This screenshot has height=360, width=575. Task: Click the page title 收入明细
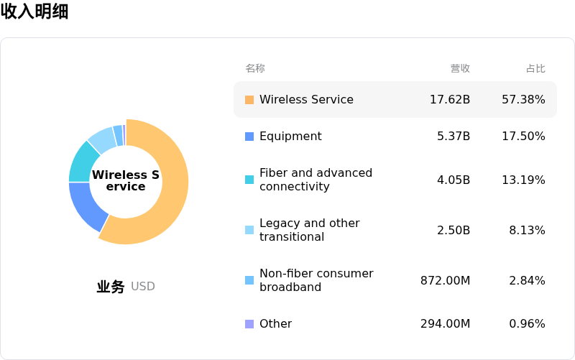[34, 11]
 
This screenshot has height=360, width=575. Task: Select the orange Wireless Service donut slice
[169, 201]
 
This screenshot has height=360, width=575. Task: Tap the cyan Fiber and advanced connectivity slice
[83, 162]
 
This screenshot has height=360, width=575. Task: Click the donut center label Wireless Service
[126, 181]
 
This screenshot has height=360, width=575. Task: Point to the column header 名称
[255, 68]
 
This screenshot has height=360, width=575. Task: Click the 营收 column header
[460, 68]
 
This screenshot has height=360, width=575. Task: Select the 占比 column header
[535, 68]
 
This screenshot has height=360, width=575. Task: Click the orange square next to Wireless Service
[249, 100]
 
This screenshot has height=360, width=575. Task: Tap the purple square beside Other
[249, 324]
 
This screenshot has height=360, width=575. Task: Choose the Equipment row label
[290, 137]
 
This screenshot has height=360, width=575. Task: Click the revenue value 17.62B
[450, 100]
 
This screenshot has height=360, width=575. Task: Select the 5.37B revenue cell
[454, 137]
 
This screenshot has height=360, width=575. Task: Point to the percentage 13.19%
[523, 180]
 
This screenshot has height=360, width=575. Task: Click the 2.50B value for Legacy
[454, 230]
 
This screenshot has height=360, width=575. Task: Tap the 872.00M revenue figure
[446, 280]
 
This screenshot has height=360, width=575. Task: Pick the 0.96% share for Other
[527, 324]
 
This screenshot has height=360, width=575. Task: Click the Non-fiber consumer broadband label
[316, 280]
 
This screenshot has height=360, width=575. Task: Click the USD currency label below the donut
[143, 287]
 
